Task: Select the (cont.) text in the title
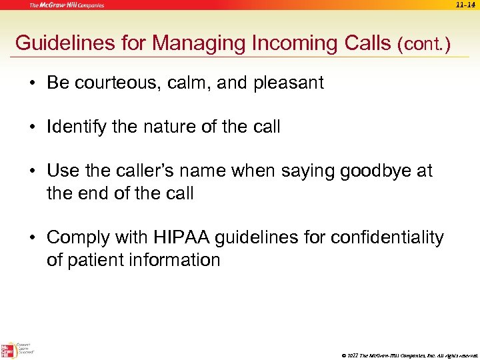click(x=423, y=45)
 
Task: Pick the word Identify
click(x=76, y=127)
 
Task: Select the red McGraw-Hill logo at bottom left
click(x=8, y=349)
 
